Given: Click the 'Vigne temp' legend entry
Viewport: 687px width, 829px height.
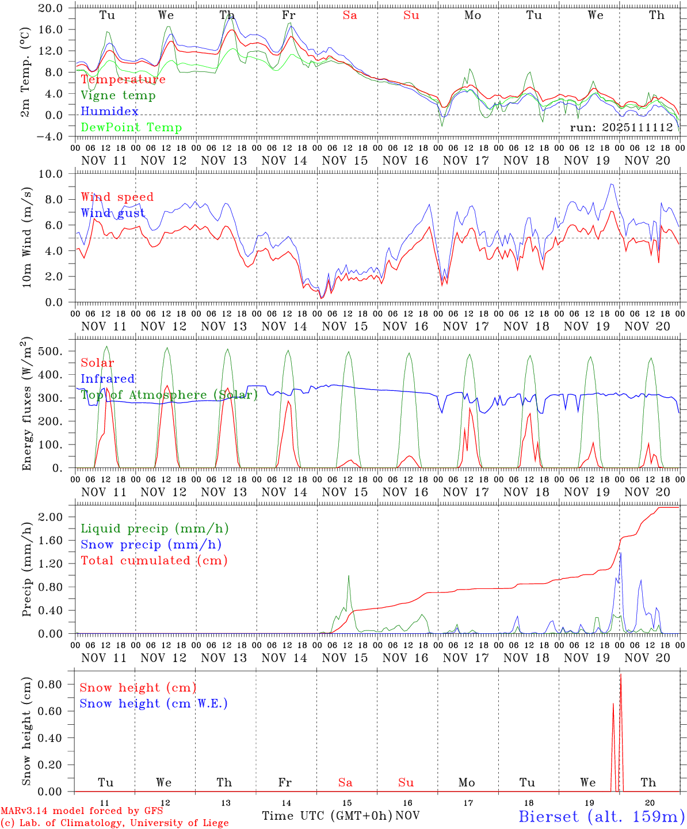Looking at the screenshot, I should click(118, 96).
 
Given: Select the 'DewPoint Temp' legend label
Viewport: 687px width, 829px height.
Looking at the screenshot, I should click(131, 128).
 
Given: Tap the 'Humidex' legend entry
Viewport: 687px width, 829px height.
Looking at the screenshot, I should click(109, 112).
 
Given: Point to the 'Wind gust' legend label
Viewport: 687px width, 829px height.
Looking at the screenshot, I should click(113, 214).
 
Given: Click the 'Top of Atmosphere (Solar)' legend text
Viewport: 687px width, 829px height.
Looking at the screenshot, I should click(169, 395).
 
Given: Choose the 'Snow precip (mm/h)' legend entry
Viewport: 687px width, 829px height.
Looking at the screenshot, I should click(151, 545).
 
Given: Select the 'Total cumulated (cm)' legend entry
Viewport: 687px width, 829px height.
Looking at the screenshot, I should click(154, 561).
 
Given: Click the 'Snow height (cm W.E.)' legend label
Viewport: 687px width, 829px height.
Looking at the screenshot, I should click(154, 703).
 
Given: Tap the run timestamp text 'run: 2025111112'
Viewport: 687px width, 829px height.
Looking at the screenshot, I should click(621, 128).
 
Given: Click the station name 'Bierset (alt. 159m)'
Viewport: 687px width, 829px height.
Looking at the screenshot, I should click(601, 816).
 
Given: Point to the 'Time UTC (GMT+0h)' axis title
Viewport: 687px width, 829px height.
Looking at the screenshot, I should click(327, 816).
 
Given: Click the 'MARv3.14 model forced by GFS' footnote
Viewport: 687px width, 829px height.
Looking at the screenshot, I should click(82, 811).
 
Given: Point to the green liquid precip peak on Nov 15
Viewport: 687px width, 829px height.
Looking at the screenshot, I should click(349, 575).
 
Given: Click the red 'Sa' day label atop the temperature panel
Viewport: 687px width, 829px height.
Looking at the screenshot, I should click(350, 16).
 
